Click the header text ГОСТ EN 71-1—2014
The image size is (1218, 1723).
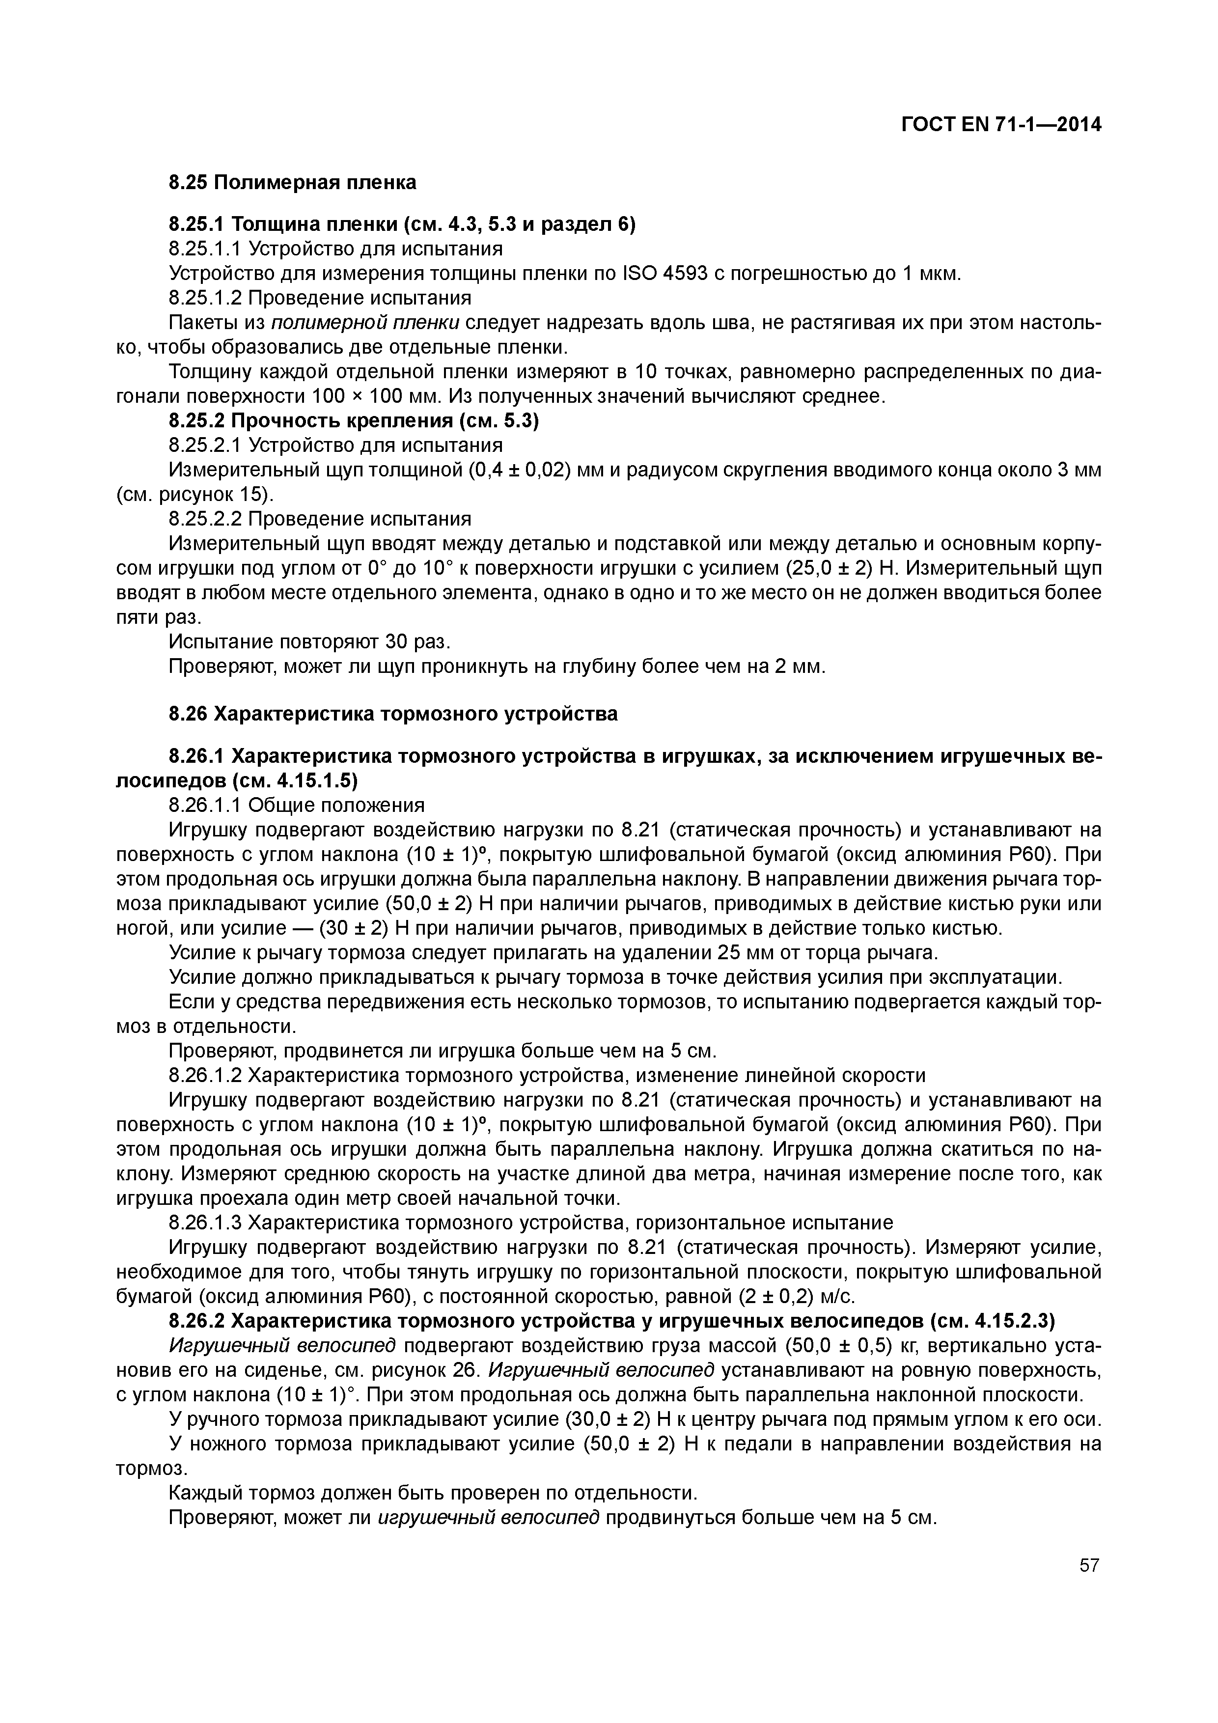click(x=1001, y=125)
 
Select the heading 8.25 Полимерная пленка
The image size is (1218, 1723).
click(x=292, y=182)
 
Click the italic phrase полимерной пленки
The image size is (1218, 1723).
click(x=365, y=323)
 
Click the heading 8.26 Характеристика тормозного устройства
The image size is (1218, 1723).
click(x=393, y=714)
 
